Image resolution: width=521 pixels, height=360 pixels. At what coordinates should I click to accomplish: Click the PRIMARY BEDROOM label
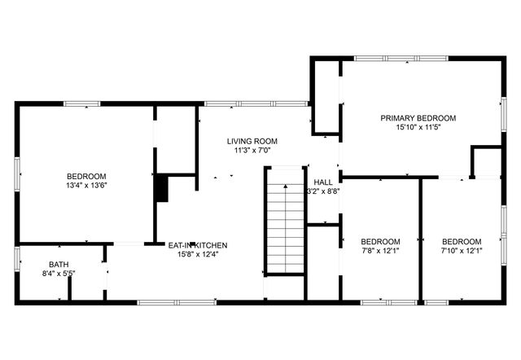point(418,118)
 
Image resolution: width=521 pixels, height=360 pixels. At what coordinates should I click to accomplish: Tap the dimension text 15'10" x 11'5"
point(418,128)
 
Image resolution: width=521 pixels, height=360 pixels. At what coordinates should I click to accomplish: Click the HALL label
point(323,182)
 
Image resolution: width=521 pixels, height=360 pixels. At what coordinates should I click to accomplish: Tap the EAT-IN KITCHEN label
point(198,244)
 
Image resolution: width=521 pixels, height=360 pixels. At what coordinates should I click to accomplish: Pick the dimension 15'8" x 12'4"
point(198,254)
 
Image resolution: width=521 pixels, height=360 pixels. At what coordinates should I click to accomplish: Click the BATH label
point(59,264)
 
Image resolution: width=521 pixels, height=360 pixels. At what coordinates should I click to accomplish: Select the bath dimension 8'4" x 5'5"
point(59,274)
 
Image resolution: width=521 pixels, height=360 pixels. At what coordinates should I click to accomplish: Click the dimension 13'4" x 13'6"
point(86,186)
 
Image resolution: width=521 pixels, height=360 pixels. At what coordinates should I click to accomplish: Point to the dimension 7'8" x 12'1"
point(380,251)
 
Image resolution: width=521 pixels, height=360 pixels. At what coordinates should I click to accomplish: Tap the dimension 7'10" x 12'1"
point(462,251)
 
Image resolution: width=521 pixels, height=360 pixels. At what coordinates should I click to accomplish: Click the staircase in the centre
point(285,228)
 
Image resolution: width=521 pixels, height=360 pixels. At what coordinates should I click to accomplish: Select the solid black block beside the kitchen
point(161,188)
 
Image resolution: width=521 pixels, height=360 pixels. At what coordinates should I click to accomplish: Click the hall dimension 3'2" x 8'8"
point(323,191)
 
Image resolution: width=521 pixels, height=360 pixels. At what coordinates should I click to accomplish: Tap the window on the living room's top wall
point(256,103)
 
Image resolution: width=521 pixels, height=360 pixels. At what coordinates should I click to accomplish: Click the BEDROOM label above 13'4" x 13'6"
point(86,176)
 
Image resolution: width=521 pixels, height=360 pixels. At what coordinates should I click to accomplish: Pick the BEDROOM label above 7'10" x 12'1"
point(462,241)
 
